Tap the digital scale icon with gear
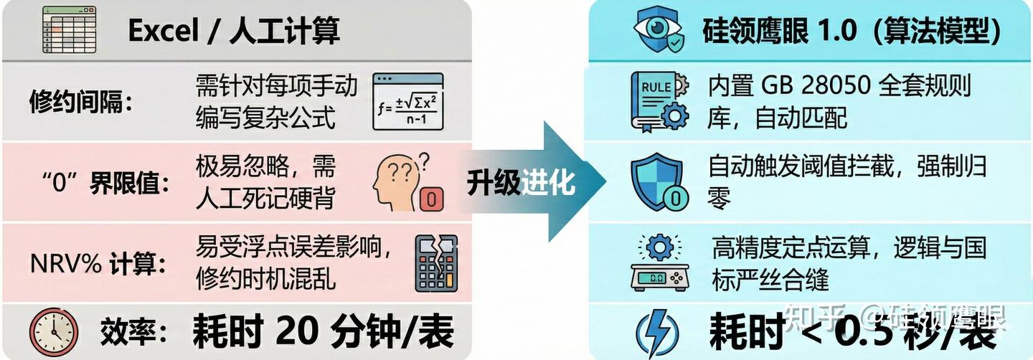click(x=659, y=263)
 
